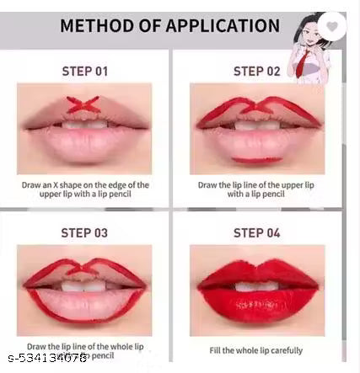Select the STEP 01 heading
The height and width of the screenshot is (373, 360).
click(x=84, y=71)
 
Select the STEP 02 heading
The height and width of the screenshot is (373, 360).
click(x=257, y=71)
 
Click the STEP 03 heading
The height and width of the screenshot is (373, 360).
click(x=84, y=233)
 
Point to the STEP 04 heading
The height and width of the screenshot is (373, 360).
click(x=257, y=233)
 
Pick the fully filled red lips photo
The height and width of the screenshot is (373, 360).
click(x=256, y=290)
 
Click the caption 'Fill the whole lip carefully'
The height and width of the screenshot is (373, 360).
click(x=256, y=350)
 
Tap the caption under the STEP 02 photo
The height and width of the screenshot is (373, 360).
click(x=256, y=189)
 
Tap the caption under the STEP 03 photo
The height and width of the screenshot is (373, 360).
click(x=85, y=349)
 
